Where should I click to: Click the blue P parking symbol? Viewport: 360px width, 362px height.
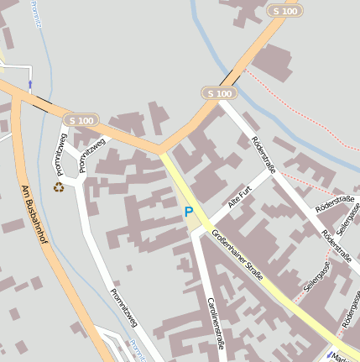point(189,212)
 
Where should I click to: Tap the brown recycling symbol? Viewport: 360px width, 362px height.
point(59,186)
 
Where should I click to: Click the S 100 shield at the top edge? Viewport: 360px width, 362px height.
point(284,11)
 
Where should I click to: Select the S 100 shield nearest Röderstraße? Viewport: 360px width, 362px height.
point(218,93)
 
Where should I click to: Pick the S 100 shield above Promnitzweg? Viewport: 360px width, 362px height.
point(82,121)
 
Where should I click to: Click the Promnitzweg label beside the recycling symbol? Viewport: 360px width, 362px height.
point(60,152)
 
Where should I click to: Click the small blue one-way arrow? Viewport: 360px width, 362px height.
point(30,84)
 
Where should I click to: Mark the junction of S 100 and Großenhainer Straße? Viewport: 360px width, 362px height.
point(161,152)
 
